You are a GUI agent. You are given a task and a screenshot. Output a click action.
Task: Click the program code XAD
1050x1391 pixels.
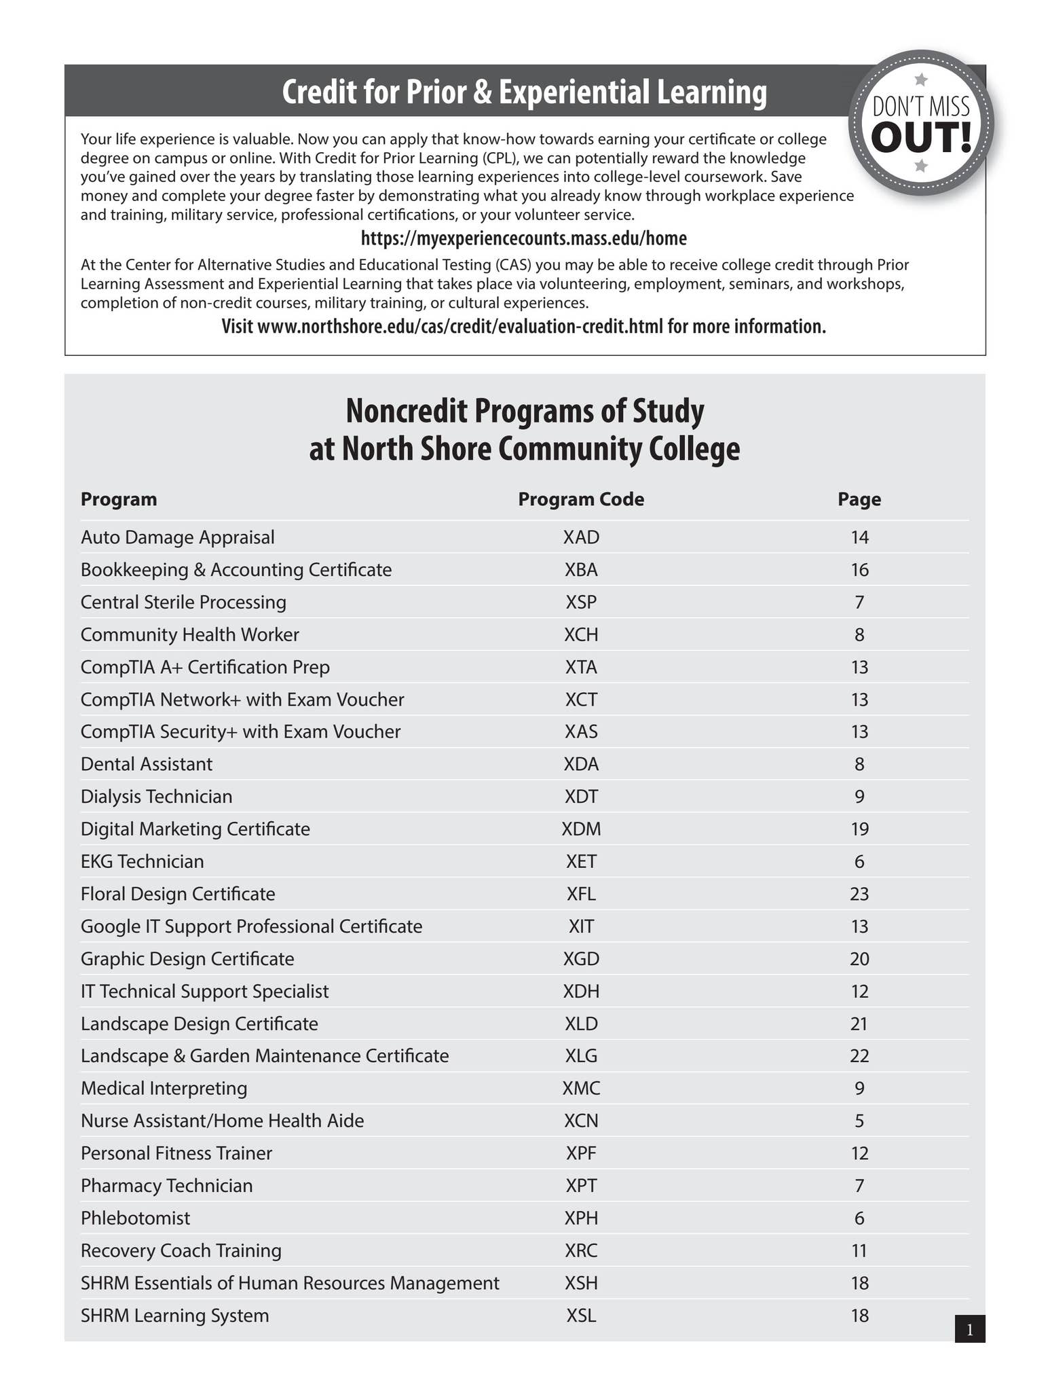click(581, 537)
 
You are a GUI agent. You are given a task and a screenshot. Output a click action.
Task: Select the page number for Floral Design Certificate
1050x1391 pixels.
click(859, 894)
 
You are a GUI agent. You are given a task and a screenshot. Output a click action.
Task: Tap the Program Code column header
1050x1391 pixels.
click(581, 499)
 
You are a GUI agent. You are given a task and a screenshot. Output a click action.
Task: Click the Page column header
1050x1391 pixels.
click(859, 499)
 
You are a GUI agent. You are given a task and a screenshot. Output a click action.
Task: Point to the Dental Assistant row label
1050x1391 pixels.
click(147, 764)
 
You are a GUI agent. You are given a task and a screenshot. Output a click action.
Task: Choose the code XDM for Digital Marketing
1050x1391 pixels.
click(581, 829)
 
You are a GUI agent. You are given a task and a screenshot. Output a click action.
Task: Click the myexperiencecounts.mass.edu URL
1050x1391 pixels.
click(523, 238)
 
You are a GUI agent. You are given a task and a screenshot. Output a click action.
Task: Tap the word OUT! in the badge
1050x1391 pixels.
click(921, 138)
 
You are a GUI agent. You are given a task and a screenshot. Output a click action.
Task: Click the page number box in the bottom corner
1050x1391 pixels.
click(969, 1329)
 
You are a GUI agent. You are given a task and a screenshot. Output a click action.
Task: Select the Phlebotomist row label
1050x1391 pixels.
click(135, 1218)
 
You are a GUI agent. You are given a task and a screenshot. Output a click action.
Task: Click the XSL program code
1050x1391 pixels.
click(581, 1316)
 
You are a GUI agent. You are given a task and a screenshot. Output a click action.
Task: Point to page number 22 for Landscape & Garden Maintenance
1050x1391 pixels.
click(859, 1055)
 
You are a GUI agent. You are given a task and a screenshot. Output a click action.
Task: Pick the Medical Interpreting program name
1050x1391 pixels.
click(164, 1088)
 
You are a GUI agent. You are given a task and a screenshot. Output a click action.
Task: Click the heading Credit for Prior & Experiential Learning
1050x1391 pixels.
click(524, 92)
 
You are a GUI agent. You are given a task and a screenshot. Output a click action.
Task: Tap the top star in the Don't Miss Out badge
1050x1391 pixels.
click(921, 79)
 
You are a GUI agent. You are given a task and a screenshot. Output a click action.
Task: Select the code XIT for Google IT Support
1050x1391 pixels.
click(581, 926)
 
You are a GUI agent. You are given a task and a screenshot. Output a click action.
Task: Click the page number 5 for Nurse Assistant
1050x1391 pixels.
click(859, 1121)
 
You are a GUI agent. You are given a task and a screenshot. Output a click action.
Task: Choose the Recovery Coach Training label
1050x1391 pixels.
click(181, 1250)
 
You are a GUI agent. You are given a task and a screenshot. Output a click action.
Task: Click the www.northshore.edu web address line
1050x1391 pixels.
click(523, 327)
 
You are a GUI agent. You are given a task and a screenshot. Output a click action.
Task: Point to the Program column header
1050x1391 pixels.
click(119, 499)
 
